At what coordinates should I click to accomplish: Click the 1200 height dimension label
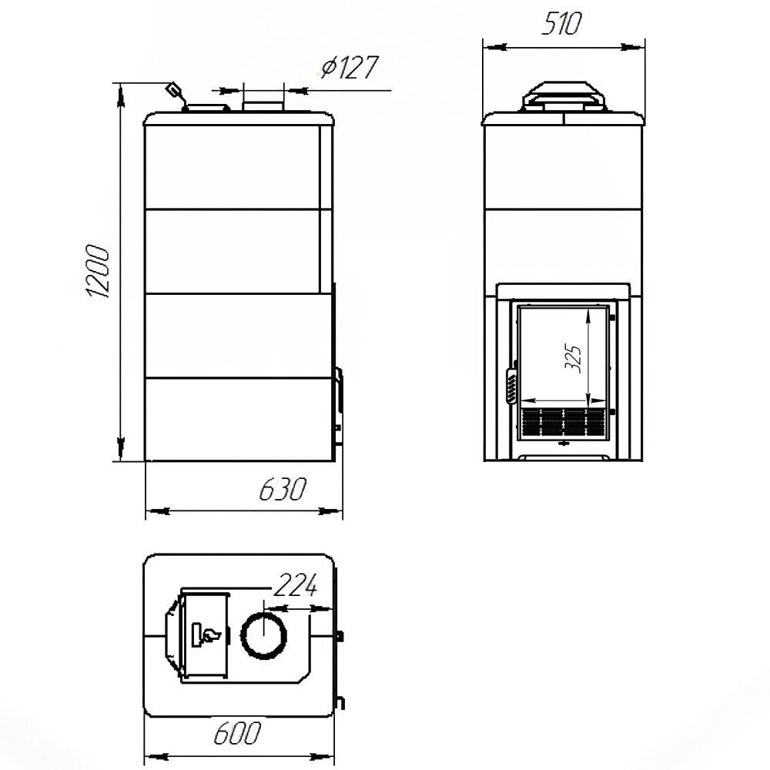(x=98, y=272)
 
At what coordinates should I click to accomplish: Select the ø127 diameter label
(x=350, y=67)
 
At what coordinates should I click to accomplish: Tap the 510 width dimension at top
(x=562, y=23)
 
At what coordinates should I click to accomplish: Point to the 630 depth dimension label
(x=283, y=489)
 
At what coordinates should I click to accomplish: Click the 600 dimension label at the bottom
(x=238, y=733)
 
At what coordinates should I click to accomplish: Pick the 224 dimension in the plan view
(x=295, y=584)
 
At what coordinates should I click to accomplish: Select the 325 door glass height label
(x=573, y=359)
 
